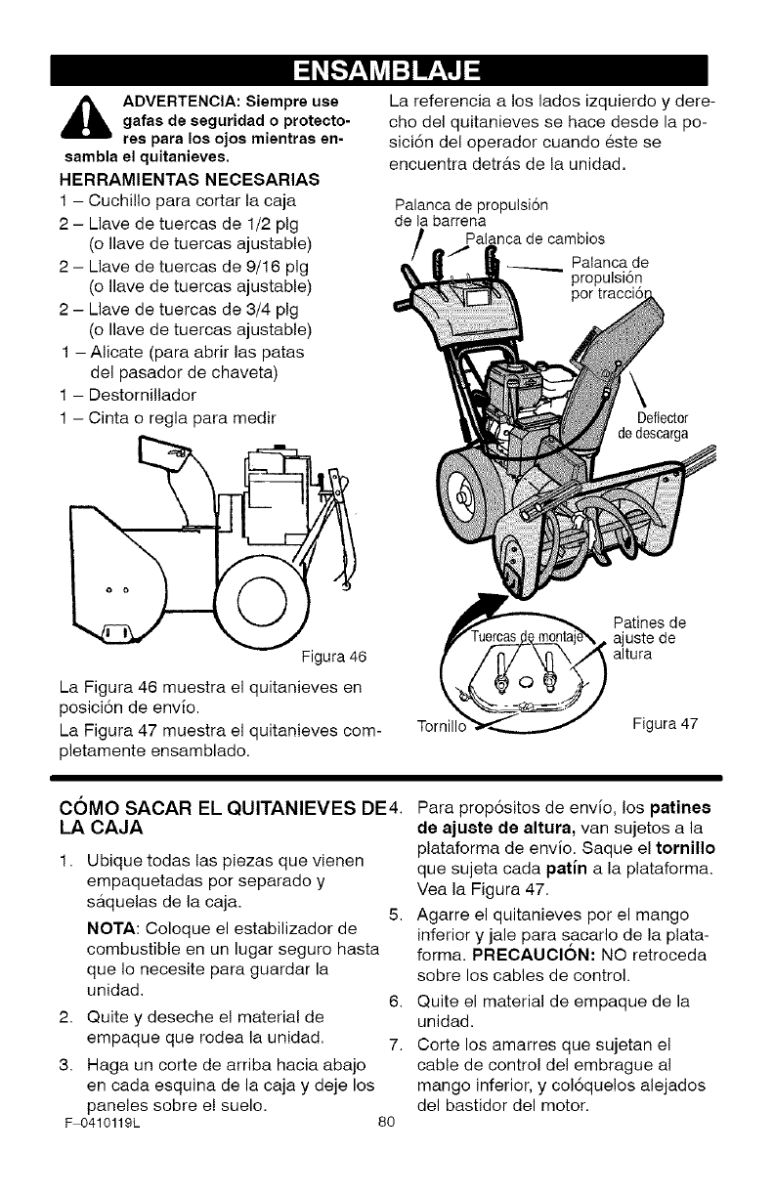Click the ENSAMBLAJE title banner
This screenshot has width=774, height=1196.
click(x=387, y=70)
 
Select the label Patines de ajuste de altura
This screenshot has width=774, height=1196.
click(x=649, y=636)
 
